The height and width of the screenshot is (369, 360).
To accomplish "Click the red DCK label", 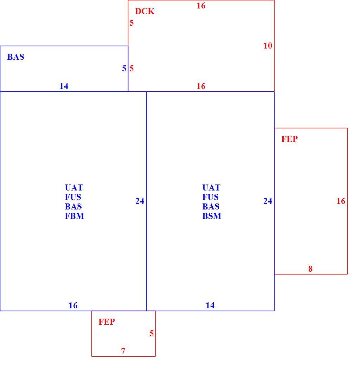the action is pos(144,11).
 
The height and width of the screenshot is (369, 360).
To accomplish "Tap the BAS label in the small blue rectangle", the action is pos(15,57).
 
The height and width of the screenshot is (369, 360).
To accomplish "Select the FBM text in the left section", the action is pos(75,216).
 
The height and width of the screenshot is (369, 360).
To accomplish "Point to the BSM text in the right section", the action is pos(212,216).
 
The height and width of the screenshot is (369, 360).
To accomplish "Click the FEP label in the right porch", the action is pos(289,139).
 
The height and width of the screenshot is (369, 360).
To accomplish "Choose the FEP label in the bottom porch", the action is pos(107,322).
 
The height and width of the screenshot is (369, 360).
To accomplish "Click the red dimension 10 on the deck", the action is pos(268,46).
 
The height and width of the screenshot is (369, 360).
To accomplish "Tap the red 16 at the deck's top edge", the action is pos(201,6).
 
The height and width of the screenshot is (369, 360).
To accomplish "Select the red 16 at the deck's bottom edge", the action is pos(201,86).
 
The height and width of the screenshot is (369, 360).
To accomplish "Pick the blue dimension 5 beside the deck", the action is pos(124,69).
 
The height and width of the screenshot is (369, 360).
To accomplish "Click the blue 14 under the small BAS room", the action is pos(64,86).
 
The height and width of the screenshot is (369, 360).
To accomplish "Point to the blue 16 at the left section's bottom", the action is pos(73,305).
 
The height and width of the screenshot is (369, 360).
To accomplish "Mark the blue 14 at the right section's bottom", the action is pos(210,305).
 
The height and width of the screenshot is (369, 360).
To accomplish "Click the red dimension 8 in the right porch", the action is pos(310,269).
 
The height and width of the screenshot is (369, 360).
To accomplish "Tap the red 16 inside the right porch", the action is pos(341,201).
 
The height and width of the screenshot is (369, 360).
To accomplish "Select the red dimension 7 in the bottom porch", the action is pos(123,351).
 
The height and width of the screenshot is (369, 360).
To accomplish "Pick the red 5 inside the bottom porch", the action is pos(152,333).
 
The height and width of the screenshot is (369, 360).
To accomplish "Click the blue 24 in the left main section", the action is pos(140,201).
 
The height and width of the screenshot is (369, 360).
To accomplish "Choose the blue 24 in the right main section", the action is pos(268,201).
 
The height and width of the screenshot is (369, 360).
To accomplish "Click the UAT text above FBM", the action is pos(74,188).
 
